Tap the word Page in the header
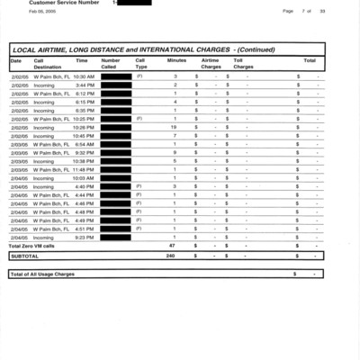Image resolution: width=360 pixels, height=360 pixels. (288, 12)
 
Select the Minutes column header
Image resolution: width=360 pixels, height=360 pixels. (176, 60)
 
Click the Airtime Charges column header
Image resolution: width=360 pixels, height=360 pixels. (211, 63)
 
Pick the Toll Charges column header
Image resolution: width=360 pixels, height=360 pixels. (243, 63)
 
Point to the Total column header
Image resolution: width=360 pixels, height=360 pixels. (309, 60)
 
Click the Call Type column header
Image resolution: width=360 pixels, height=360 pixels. (140, 63)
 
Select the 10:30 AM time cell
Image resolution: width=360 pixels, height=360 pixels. (84, 77)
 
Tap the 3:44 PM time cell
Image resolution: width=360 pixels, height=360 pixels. (85, 85)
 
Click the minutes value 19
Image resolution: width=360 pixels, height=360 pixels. (174, 127)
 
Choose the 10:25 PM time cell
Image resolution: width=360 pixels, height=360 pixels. (84, 119)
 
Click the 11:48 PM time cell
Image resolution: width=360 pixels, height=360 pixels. (84, 169)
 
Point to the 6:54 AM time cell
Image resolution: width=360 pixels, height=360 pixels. (85, 144)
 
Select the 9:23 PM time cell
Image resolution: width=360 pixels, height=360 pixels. (85, 237)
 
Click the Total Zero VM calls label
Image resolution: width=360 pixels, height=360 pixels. (31, 246)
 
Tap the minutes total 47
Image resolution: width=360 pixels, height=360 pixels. (172, 246)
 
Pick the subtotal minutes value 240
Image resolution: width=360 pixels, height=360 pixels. (171, 256)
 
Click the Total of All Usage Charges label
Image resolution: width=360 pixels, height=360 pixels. (42, 274)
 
